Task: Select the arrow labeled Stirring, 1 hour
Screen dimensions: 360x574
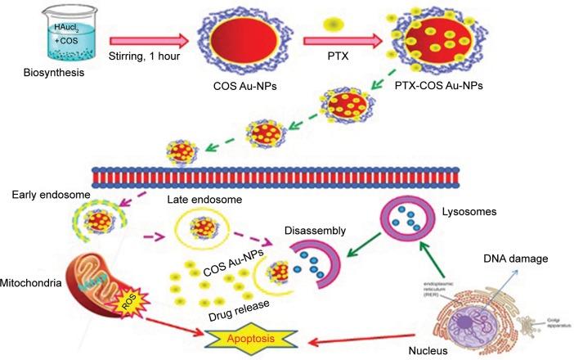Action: [x=148, y=38]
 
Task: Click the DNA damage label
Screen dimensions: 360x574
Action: [x=513, y=259]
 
